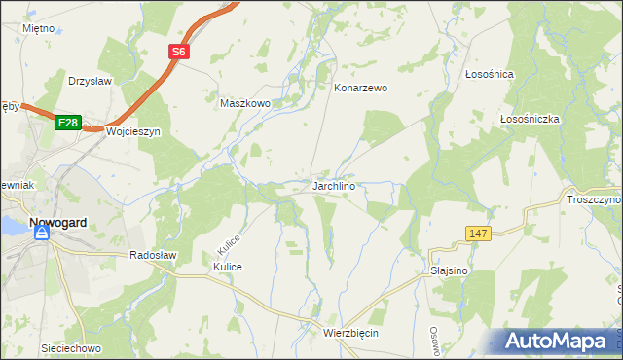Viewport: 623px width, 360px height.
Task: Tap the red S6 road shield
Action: [177, 54]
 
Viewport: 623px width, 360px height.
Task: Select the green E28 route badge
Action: [66, 123]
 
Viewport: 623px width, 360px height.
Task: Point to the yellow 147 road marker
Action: [477, 234]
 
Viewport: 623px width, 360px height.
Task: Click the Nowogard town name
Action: [57, 222]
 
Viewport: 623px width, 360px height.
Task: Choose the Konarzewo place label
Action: [360, 88]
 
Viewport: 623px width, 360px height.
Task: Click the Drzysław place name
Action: [92, 81]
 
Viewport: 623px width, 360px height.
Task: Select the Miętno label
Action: [38, 29]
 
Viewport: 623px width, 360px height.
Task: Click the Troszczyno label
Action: [593, 199]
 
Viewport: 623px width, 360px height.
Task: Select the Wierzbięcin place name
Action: [349, 333]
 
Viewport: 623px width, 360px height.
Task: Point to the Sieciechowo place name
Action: [71, 347]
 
